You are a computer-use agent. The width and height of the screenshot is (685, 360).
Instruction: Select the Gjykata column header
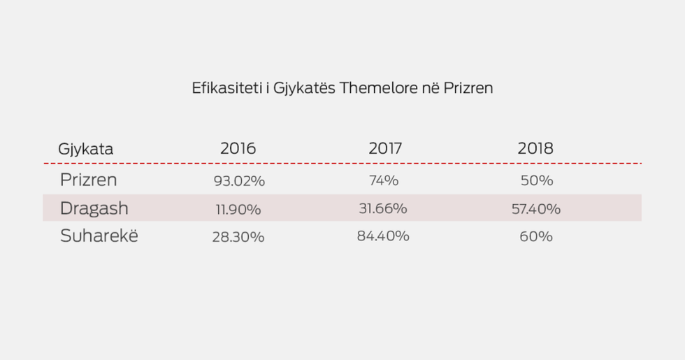point(85,149)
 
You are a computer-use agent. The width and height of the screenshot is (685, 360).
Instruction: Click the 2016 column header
point(238,148)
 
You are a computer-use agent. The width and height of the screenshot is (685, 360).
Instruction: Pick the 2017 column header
point(387,148)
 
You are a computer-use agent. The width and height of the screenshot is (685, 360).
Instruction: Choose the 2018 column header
point(535,148)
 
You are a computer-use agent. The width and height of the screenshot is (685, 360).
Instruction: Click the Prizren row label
point(88,180)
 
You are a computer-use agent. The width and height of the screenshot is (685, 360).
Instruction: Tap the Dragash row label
point(94,208)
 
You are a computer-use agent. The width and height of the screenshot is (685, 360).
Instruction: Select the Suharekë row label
point(99,236)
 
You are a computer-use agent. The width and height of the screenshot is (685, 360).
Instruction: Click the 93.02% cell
point(239,180)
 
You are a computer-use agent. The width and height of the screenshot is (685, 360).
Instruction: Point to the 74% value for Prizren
point(384,180)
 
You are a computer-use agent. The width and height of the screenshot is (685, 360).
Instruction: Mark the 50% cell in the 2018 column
point(537,180)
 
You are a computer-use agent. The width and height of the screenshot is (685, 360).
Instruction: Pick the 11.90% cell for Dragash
point(238,209)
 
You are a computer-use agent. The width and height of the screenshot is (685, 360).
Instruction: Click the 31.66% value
point(382,208)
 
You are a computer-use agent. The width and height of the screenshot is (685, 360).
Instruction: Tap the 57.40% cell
point(536,208)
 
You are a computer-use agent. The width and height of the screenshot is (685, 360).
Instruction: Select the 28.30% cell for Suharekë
point(238,237)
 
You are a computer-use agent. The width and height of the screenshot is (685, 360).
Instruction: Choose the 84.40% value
point(383,236)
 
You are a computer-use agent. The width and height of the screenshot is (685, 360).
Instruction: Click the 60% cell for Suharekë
point(536,237)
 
